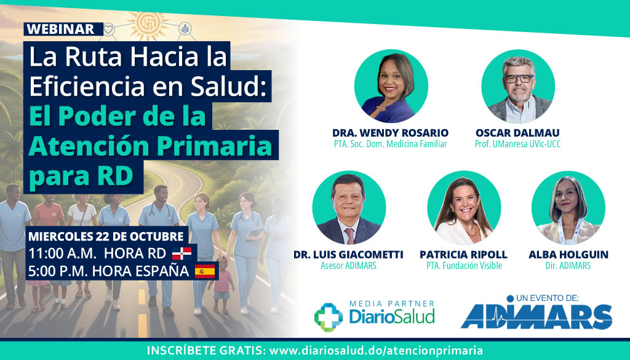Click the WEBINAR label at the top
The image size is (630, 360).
pos(60,30)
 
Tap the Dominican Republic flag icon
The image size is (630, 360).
pos(181,254)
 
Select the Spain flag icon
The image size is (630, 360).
pos(205,271)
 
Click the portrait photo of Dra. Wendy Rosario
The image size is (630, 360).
pos(391,86)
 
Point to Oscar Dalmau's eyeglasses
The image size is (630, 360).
pos(519,78)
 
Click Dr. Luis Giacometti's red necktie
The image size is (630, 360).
pos(349,236)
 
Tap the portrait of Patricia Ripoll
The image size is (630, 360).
pos(464,208)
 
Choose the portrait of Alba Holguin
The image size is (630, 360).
pos(568,208)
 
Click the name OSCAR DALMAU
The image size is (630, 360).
pos(517,132)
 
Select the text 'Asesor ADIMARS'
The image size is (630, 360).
pos(348,266)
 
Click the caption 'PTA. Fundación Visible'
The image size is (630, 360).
pos(464,266)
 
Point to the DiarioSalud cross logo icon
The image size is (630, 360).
pos(329,317)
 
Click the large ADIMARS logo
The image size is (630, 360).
pos(536,316)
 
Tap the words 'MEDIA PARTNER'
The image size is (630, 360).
pos(392,304)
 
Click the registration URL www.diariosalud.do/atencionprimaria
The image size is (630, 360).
pos(376,350)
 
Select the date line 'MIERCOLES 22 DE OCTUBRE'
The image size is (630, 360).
pos(106,236)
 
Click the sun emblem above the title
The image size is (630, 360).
pos(148,26)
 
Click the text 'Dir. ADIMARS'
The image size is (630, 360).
pos(568,266)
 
